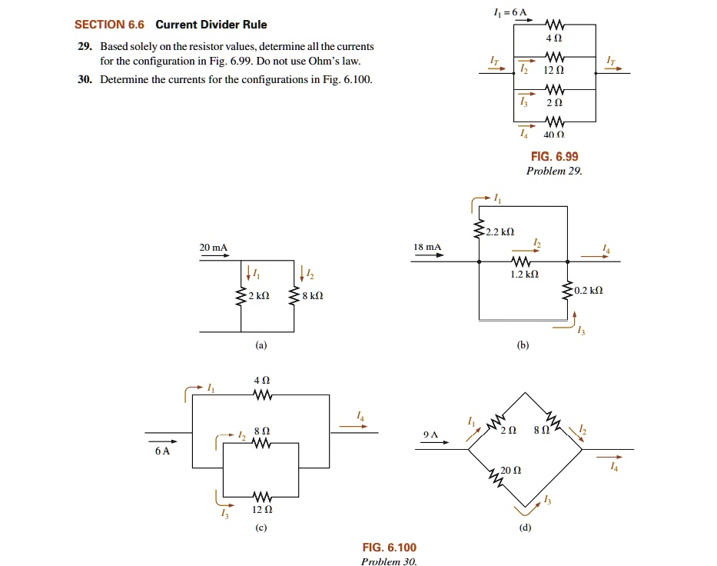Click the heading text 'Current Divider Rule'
click(211, 25)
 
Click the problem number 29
click(85, 47)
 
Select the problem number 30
click(85, 79)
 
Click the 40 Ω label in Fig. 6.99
click(553, 134)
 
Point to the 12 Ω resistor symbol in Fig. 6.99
click(553, 57)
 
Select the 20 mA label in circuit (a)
click(214, 247)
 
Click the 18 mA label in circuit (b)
click(427, 247)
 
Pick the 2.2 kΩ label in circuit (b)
click(500, 231)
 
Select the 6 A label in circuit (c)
click(162, 451)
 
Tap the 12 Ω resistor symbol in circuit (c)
click(262, 495)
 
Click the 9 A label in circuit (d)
click(430, 435)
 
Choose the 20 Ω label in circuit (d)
click(511, 470)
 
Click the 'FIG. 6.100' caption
click(389, 548)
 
